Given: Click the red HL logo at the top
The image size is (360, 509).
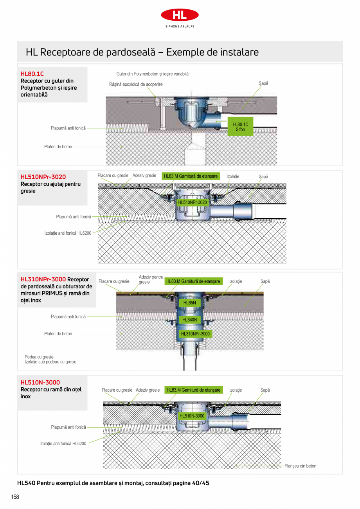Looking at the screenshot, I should tap(180, 15).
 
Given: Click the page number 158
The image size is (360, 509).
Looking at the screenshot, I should tap(15, 497).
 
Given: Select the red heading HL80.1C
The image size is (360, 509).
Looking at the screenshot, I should tap(32, 74).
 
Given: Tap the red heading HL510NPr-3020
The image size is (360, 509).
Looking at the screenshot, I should tap(43, 177).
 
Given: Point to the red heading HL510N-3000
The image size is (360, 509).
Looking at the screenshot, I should tap(40, 382).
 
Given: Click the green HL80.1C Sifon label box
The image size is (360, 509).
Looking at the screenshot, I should tap(240, 127).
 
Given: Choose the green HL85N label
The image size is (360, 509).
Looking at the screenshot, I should tap(189, 303).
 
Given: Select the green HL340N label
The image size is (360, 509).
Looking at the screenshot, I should tap(190, 320).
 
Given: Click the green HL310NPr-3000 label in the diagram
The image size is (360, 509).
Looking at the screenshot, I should tap(195, 334).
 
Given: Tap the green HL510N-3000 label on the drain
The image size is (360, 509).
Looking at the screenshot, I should tap(192, 416).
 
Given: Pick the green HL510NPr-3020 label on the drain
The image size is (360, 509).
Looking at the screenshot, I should tap(192, 202).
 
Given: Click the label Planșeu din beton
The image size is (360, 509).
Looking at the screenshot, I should tap(300, 466).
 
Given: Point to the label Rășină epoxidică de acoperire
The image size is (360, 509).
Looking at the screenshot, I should tap(136, 84).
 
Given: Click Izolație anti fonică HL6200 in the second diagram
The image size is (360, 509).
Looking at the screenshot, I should tap(68, 233).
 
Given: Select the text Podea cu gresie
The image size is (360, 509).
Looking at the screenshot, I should tap(39, 357).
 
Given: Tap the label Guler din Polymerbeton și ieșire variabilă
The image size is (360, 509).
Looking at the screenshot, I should tap(152, 74).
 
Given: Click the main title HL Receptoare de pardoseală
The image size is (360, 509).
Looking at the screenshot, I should tap(142, 52).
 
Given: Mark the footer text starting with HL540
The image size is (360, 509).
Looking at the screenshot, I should tap(113, 483).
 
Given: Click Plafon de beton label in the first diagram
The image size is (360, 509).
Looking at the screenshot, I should tap(58, 147).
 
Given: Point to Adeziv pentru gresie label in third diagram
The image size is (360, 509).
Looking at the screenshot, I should tap(151, 279).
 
